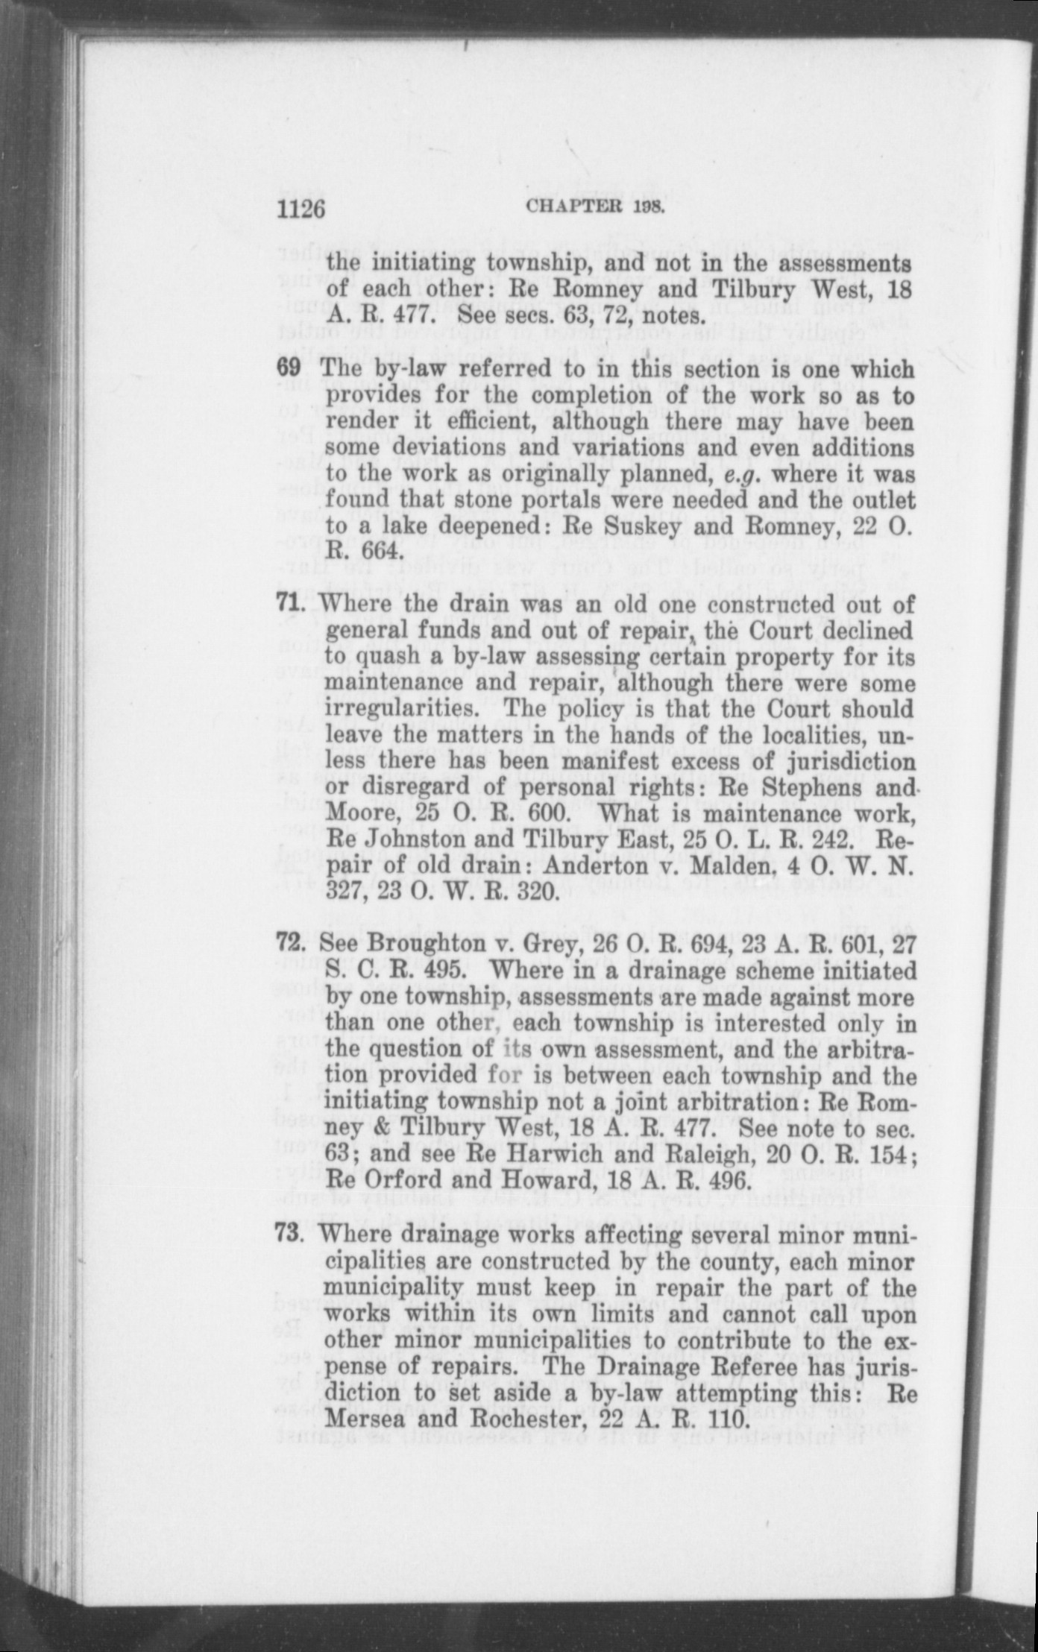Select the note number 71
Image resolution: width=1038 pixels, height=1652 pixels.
tap(292, 605)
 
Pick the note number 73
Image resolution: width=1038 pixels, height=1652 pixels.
tap(292, 1235)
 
